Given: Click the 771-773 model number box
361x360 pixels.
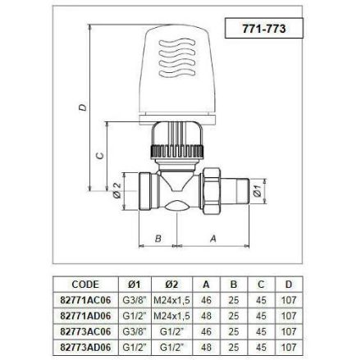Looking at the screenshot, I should click(264, 27).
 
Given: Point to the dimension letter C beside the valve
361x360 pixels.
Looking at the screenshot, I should click(99, 156).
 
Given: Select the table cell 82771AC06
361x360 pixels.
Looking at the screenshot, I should click(86, 300).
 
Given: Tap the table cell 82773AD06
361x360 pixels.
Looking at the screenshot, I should click(86, 348).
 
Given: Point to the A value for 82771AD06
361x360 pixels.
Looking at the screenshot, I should click(207, 316).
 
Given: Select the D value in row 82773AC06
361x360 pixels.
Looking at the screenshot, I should click(288, 332).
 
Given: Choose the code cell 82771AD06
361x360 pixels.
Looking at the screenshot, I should click(86, 316).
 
